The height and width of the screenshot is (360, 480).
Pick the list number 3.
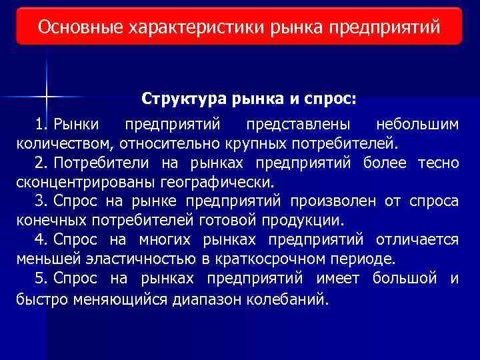coord(42,201)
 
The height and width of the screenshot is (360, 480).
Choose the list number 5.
coord(42,278)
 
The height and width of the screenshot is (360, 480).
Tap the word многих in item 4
coord(165,239)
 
